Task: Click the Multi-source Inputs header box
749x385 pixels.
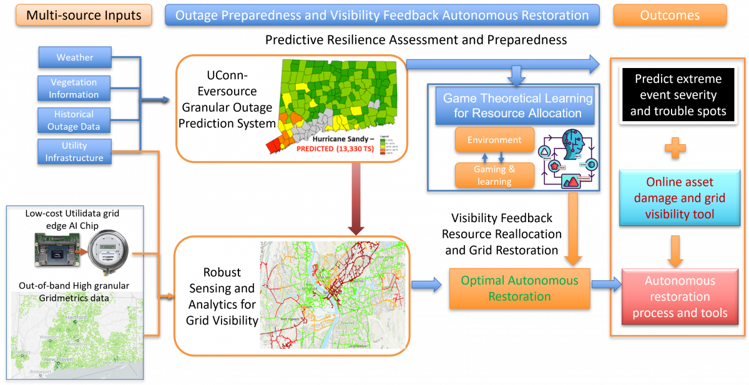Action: point(84,15)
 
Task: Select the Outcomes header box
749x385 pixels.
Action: point(670,15)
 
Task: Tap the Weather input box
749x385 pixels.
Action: point(75,57)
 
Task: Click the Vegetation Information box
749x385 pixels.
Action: point(74,89)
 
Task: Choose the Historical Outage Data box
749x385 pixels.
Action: point(73,120)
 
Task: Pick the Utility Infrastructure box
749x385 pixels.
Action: point(74,152)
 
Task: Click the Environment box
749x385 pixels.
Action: point(495,140)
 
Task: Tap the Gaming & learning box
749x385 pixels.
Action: point(495,175)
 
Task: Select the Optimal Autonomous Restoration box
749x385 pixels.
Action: point(519,288)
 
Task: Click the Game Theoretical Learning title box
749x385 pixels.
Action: point(517,105)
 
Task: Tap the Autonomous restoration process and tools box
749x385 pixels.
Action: point(680,297)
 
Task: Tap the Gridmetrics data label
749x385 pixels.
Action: point(74,298)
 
